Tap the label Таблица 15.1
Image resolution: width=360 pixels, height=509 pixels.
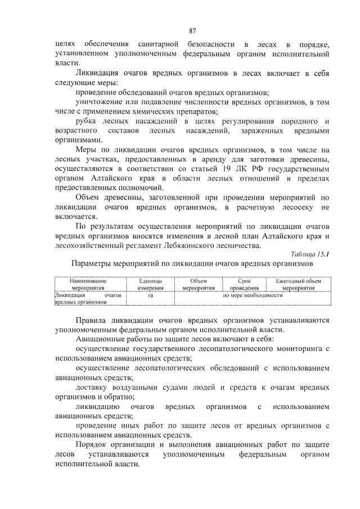[x=309, y=254]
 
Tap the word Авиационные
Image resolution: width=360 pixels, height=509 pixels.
[x=102, y=340]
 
